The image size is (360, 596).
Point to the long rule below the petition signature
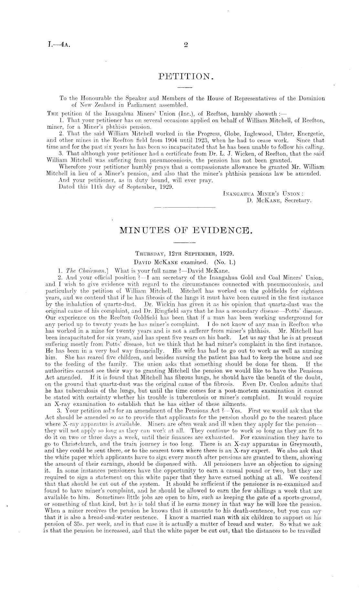point(185,207)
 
